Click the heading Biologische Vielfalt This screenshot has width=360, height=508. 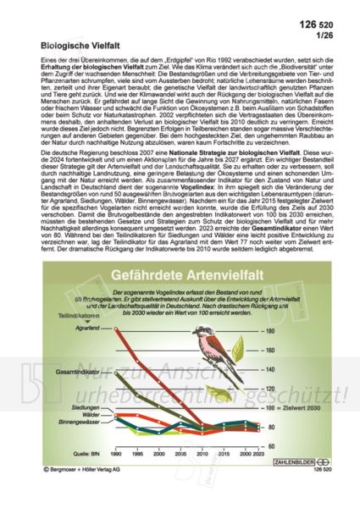(x=80, y=39)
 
